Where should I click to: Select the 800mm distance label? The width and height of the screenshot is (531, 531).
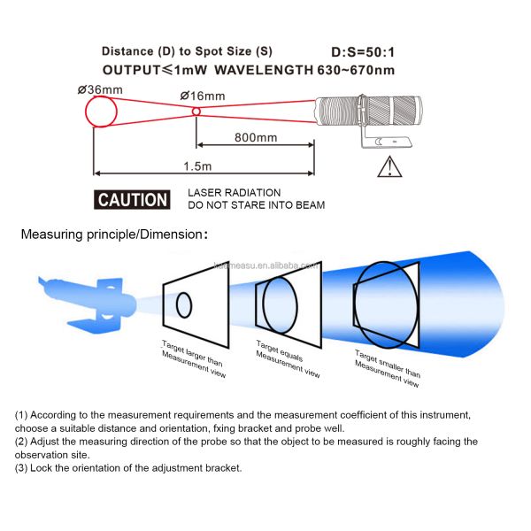256,137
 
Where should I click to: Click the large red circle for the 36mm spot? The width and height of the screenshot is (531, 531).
103,113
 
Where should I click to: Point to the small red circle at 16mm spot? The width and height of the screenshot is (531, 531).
196,112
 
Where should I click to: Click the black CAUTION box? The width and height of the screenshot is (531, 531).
133,199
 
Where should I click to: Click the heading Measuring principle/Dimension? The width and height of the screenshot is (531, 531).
115,235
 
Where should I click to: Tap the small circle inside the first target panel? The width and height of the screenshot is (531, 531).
184,305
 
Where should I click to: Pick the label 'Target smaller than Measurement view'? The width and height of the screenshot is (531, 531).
387,367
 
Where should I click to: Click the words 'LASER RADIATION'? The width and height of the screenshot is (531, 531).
234,192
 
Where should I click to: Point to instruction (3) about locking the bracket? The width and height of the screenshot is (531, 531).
128,467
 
